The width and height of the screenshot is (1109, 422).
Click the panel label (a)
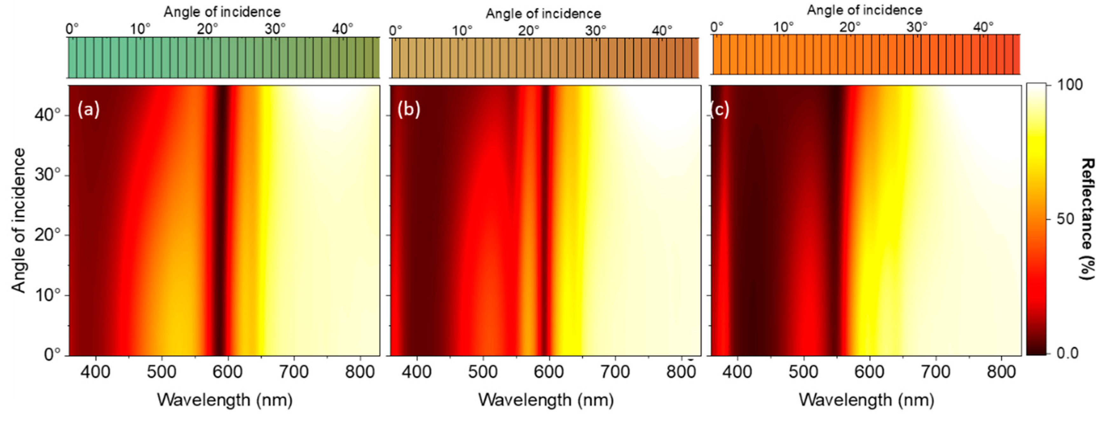[88, 110]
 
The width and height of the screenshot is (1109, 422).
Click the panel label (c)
[720, 110]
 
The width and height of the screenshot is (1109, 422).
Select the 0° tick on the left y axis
[52, 354]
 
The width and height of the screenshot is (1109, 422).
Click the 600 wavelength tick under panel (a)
[228, 372]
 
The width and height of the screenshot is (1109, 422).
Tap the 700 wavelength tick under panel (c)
[935, 372]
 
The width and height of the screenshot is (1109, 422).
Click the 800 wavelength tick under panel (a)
[360, 372]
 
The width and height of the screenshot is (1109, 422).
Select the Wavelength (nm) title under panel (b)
[546, 400]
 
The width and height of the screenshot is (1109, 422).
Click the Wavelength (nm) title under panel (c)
[866, 400]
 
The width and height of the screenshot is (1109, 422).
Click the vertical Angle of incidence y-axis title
[18, 220]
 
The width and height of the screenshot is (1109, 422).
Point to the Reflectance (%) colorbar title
[1088, 219]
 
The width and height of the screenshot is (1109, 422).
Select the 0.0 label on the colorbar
[1068, 353]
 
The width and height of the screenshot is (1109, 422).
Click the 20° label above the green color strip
[208, 29]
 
